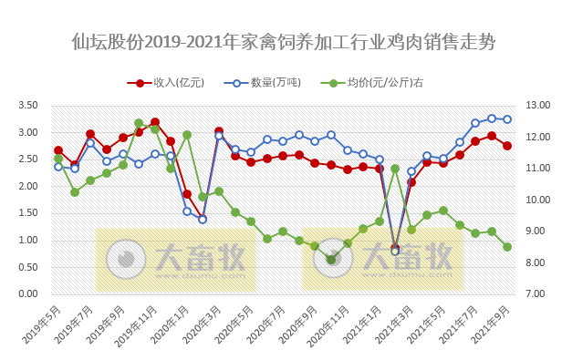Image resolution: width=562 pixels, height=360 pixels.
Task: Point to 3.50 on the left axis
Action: pos(27,106)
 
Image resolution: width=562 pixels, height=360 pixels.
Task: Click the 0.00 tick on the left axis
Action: pos(27,294)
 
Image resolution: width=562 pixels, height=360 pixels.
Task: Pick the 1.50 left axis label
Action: pos(27,213)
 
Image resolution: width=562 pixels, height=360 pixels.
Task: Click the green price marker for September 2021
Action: pos(507,247)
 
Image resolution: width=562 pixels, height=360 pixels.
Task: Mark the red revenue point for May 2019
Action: pos(58,150)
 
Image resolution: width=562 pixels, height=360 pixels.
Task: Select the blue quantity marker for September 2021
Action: pos(507,119)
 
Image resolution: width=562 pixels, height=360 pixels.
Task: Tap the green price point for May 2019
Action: pos(58,159)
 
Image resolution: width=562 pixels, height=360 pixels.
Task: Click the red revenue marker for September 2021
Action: pos(507,146)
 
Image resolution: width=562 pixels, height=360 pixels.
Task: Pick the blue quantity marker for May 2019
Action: pos(58,167)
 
